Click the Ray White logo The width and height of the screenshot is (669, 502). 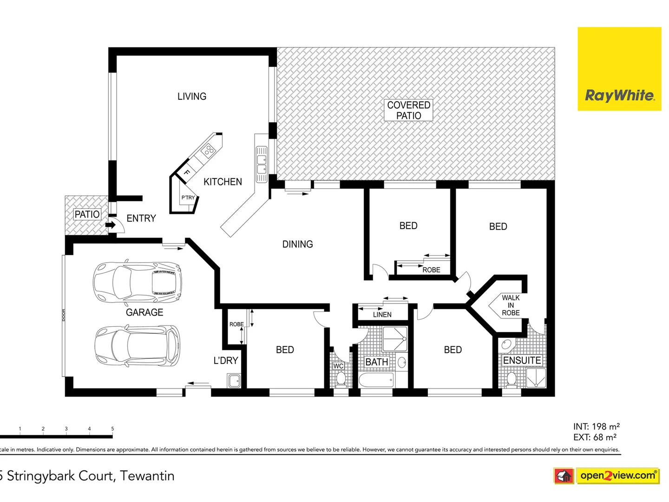[x=619, y=69]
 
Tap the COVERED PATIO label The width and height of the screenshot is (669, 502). [x=408, y=110]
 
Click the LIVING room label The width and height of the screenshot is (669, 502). [x=191, y=96]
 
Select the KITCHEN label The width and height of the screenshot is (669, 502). [x=223, y=182]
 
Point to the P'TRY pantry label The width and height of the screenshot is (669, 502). [x=188, y=198]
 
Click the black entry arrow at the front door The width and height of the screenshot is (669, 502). [x=111, y=225]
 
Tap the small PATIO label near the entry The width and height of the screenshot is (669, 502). [x=87, y=214]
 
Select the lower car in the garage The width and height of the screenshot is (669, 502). [x=137, y=345]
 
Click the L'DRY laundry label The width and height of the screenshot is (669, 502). [x=226, y=360]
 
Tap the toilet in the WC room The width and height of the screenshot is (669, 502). [x=341, y=379]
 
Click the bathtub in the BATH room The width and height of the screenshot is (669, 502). [x=376, y=381]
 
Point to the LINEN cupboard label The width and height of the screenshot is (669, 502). [x=382, y=315]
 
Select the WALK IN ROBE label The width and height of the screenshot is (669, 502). [x=511, y=305]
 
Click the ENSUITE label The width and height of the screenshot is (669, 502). [x=522, y=360]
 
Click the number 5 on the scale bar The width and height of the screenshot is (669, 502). [x=112, y=429]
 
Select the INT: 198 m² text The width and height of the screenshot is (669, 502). [x=596, y=426]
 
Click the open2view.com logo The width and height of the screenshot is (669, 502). [x=617, y=476]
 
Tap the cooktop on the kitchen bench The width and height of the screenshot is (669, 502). [x=209, y=150]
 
